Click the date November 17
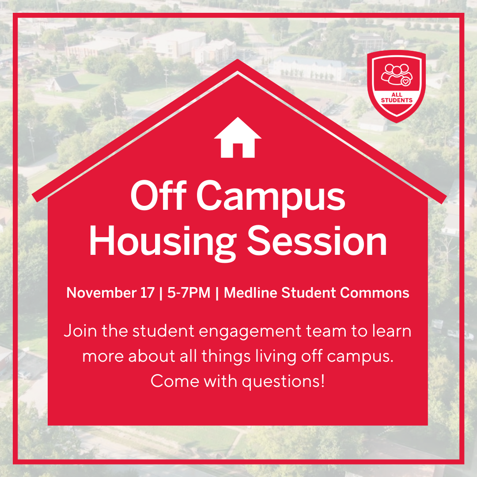pyautogui.click(x=110, y=293)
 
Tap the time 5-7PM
pyautogui.click(x=189, y=293)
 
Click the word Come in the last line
pyautogui.click(x=173, y=381)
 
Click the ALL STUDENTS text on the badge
pyautogui.click(x=396, y=98)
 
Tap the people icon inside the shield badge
pyautogui.click(x=394, y=73)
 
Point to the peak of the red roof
pyautogui.click(x=238, y=61)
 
